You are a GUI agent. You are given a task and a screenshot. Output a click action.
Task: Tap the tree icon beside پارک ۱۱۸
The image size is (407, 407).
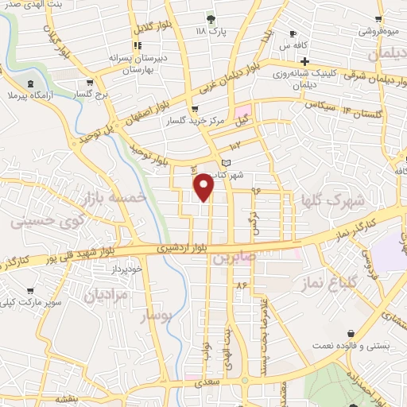tap(211, 19)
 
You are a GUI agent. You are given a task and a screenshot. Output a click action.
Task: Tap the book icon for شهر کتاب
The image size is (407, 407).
tap(227, 162)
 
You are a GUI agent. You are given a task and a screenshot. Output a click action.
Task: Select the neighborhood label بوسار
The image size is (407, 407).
tap(157, 316)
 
